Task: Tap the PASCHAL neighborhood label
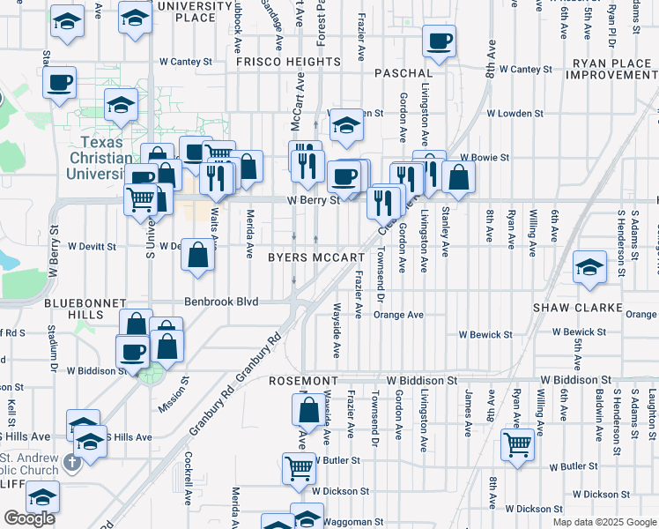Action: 404,73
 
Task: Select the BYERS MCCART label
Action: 316,258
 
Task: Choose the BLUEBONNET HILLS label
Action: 85,309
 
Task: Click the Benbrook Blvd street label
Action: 221,302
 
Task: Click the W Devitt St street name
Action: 92,246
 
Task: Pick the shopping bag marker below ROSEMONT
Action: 308,410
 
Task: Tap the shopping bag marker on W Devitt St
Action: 199,254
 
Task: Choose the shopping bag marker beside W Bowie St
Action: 458,176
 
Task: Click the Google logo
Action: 29,518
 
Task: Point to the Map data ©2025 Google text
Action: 604,522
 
